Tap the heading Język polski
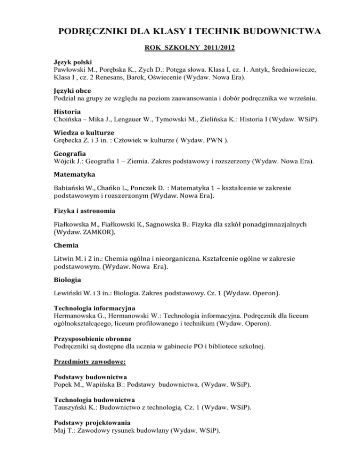coord(72,62)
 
